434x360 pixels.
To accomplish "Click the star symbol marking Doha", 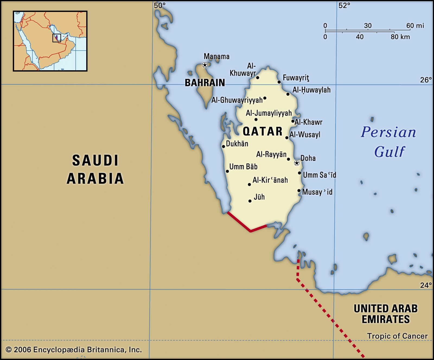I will (297, 163).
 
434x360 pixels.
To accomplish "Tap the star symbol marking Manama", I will (205, 65).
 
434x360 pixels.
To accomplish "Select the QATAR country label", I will (263, 132).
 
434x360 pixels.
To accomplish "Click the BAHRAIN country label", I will (205, 83).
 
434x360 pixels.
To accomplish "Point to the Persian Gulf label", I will (388, 142).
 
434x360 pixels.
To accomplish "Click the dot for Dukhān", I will (224, 146).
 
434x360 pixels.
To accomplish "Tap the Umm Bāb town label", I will (243, 167).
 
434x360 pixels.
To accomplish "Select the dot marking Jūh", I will (250, 201).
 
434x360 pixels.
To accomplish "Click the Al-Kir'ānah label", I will (270, 180).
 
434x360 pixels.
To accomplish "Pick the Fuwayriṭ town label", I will (296, 78).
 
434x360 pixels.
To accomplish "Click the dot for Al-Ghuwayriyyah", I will (265, 98).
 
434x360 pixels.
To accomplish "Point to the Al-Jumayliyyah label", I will (269, 113).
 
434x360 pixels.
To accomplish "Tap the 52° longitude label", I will (344, 5).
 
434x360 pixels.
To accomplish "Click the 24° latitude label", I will (426, 285).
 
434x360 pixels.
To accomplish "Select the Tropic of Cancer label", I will (397, 336).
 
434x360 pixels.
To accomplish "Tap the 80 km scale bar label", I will (400, 37).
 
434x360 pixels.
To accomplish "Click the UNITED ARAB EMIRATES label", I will (386, 314).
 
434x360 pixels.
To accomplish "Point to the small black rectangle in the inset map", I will (56, 38).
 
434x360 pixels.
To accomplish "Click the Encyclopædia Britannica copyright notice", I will (74, 350).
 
